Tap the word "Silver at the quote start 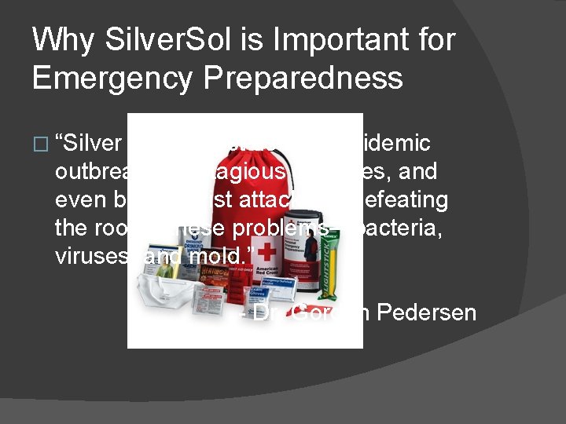click(90, 143)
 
